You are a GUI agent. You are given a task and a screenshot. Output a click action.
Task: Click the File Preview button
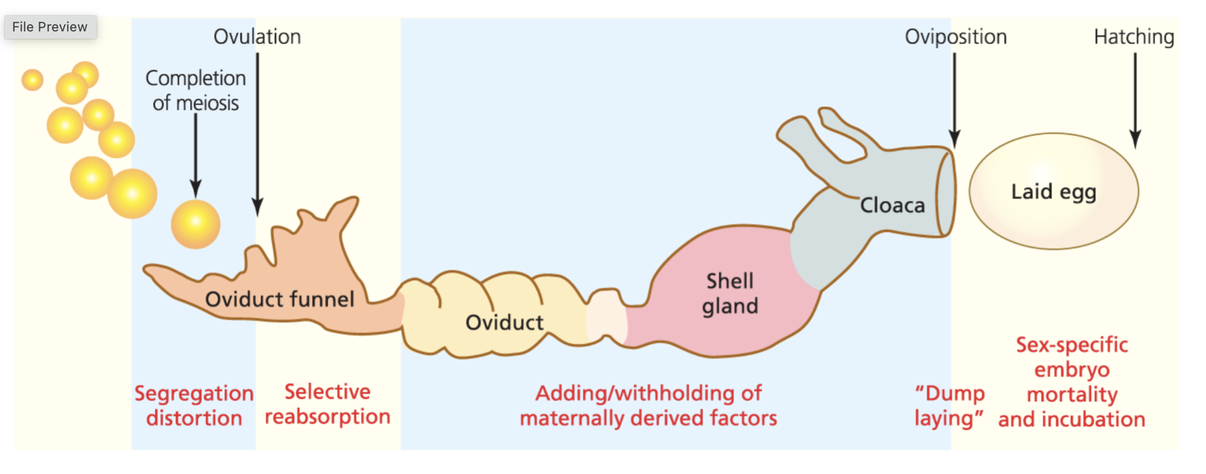coord(50,27)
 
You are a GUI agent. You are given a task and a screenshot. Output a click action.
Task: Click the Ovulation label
coord(257,37)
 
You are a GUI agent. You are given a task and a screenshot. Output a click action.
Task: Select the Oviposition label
coord(955,37)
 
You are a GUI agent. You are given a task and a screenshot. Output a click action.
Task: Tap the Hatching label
coord(1133,37)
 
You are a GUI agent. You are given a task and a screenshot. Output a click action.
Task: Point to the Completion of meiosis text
coord(196,91)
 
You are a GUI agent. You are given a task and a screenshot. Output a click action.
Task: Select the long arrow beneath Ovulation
coord(257,133)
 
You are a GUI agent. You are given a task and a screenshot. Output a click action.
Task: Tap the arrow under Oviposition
coord(955,100)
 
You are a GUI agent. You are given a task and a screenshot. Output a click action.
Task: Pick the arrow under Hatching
coord(1135,100)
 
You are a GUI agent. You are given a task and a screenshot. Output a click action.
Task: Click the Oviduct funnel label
coord(279,299)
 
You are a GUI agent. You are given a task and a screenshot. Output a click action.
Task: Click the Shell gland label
coord(730,293)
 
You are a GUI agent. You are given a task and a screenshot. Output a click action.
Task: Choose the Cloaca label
coord(892,206)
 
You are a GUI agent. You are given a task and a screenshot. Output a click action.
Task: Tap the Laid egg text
coord(1053,192)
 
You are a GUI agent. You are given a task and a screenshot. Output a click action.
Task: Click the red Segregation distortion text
coord(194,406)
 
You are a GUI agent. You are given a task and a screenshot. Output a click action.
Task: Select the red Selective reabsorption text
coord(327,404)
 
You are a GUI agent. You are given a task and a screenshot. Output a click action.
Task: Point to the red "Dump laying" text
coord(949,406)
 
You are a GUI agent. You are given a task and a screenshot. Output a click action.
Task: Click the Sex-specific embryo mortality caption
coord(1071,382)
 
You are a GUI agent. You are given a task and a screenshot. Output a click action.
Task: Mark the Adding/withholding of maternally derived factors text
coord(648,406)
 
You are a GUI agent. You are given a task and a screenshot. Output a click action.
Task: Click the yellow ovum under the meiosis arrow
coord(196,224)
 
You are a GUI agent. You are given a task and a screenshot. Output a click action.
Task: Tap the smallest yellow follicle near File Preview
coord(33,80)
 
